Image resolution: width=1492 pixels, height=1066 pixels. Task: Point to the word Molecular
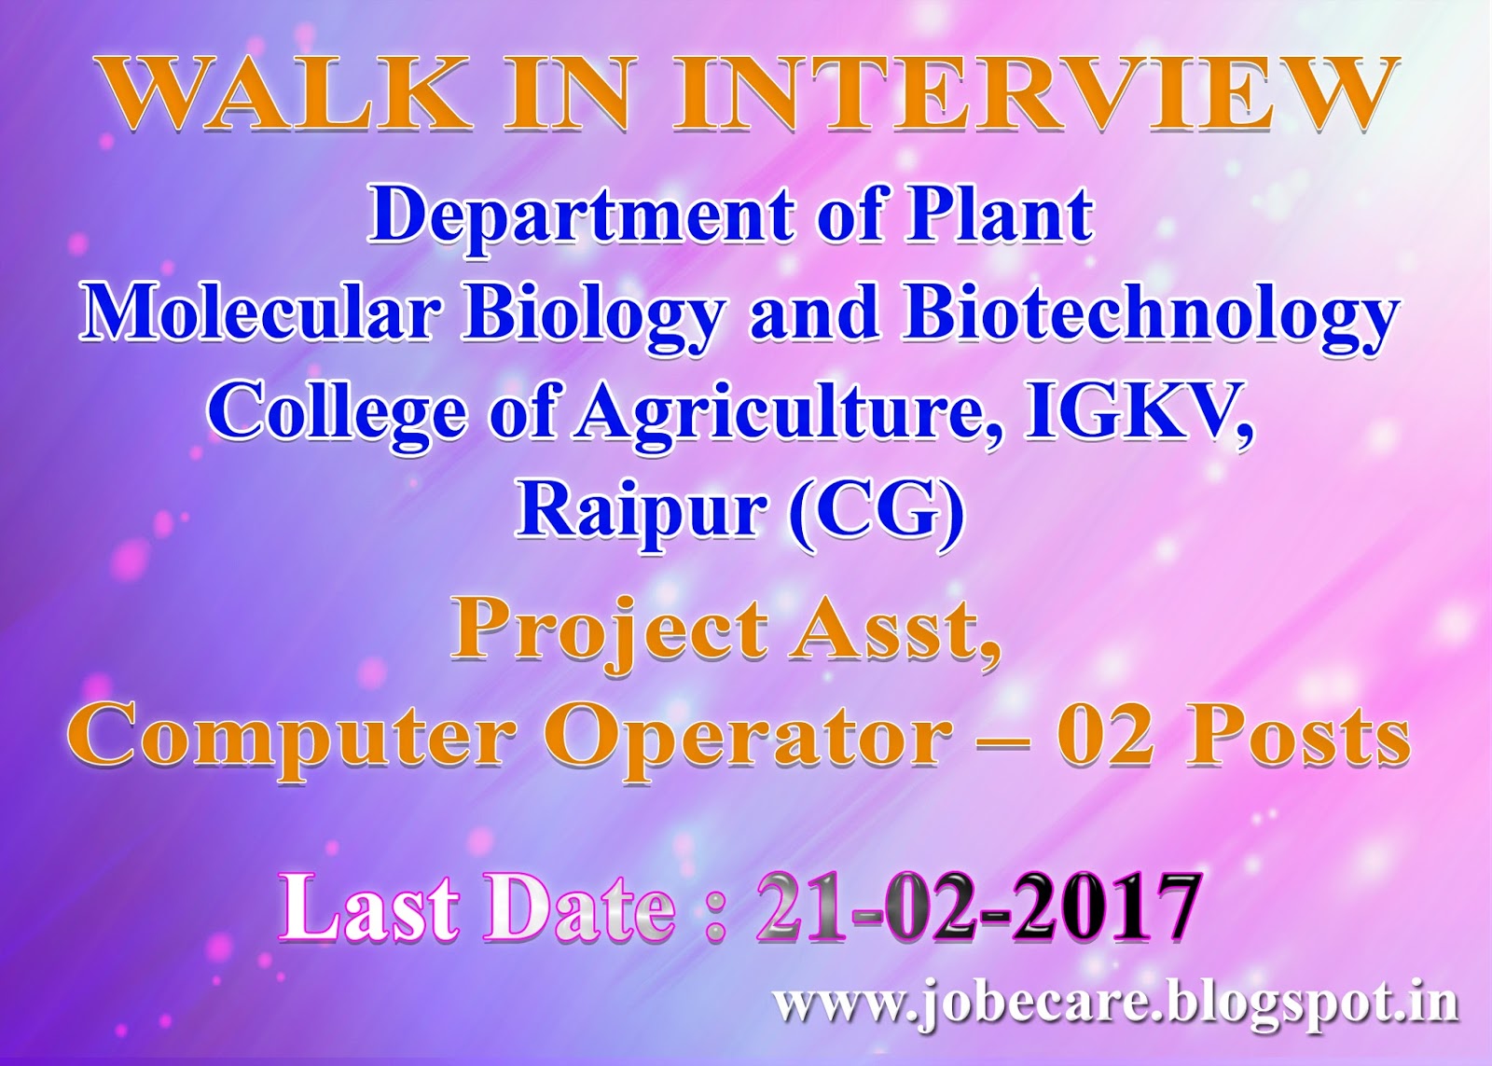click(x=269, y=314)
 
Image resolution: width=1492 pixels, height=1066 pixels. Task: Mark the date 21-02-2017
click(x=975, y=907)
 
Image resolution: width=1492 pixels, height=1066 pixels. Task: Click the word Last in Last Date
click(x=367, y=907)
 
